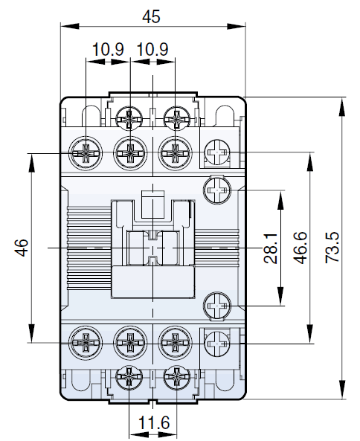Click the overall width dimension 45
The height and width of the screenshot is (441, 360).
point(152,14)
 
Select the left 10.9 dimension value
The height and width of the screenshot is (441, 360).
point(108,50)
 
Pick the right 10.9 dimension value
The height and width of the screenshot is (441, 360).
point(152,50)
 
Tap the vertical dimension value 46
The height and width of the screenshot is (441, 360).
point(22,248)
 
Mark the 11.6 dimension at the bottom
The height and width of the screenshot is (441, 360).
point(153,424)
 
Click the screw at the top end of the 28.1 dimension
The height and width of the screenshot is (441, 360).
point(219,191)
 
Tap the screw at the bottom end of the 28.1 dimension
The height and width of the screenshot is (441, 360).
point(219,306)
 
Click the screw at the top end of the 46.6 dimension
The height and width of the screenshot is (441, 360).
point(219,153)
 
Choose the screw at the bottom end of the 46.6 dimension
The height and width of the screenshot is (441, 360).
point(219,343)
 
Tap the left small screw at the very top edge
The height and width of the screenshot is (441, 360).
point(131,118)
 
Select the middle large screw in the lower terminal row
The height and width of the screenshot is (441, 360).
point(131,343)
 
